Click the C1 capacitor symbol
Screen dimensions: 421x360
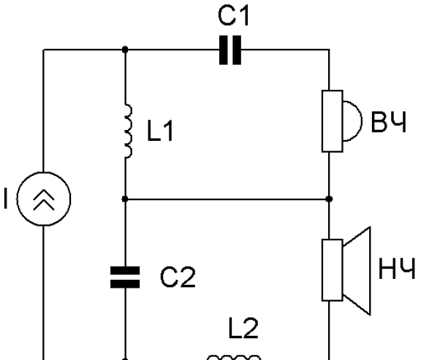pyautogui.click(x=230, y=50)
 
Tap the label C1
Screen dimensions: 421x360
pyautogui.click(x=234, y=16)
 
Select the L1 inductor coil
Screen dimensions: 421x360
pyautogui.click(x=129, y=131)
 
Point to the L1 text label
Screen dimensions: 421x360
pyautogui.click(x=160, y=131)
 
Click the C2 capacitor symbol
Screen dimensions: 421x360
pyautogui.click(x=125, y=277)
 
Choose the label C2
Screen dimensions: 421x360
pyautogui.click(x=178, y=277)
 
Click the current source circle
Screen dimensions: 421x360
pyautogui.click(x=44, y=199)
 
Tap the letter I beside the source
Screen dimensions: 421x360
pyautogui.click(x=6, y=199)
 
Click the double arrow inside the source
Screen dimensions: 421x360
pyautogui.click(x=44, y=199)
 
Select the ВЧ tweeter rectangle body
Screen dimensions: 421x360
pyautogui.click(x=333, y=121)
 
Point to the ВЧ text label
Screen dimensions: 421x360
pyautogui.click(x=388, y=122)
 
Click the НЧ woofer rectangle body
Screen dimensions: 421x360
pyautogui.click(x=333, y=270)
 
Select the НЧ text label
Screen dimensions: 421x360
pyautogui.click(x=397, y=269)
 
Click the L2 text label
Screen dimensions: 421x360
pyautogui.click(x=243, y=328)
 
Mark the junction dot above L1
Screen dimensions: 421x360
pyautogui.click(x=125, y=50)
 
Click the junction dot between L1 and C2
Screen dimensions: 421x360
pyautogui.click(x=125, y=199)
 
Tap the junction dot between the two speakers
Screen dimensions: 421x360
pyautogui.click(x=329, y=199)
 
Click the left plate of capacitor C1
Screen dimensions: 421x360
pyautogui.click(x=224, y=50)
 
